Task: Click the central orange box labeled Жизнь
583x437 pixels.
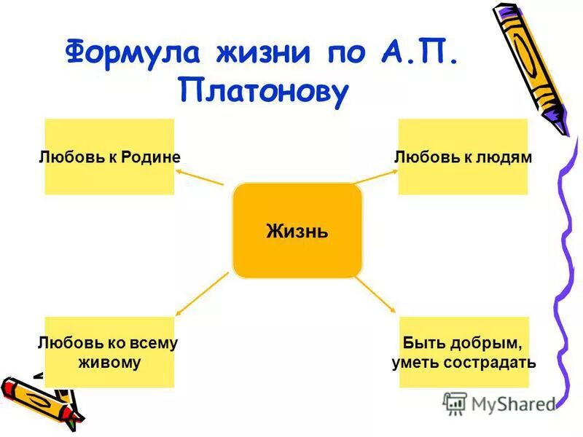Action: click(297, 231)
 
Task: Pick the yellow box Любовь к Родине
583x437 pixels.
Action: click(109, 157)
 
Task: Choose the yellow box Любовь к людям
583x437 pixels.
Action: click(463, 157)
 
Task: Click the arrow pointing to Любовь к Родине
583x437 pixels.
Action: click(200, 177)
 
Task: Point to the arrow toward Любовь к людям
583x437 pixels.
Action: click(376, 176)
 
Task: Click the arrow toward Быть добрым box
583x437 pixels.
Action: click(375, 291)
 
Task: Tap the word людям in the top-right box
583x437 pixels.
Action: click(507, 157)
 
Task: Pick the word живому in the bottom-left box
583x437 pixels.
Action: click(109, 361)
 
